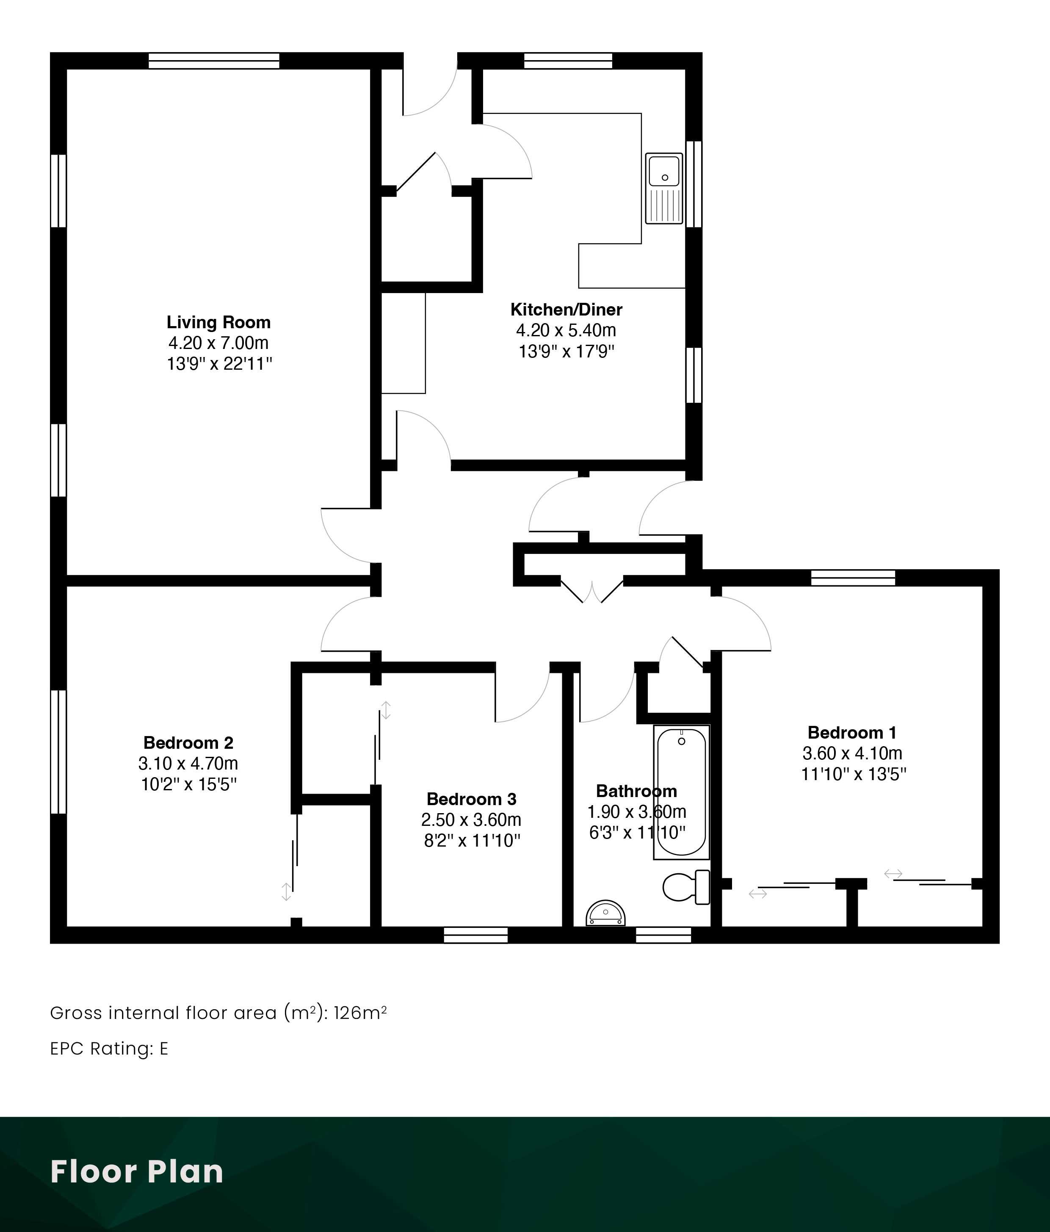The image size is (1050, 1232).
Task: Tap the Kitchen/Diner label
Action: (566, 309)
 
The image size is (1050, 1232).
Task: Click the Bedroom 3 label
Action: (472, 799)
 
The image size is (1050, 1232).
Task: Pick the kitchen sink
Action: (664, 188)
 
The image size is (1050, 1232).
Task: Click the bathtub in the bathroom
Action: (681, 792)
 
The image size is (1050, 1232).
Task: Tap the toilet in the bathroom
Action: (687, 887)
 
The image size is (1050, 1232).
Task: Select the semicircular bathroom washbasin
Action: (606, 913)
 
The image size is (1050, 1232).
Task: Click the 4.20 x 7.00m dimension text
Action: (218, 343)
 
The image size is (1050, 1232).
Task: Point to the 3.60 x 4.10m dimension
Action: (852, 753)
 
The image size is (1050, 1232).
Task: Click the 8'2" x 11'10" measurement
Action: (472, 840)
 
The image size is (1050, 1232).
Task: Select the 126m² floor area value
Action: (360, 1013)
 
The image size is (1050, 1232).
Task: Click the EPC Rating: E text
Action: (109, 1048)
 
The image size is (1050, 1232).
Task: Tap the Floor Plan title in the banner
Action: (137, 1171)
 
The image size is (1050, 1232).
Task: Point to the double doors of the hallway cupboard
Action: (592, 590)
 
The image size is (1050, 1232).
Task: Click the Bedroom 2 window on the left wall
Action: (58, 752)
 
